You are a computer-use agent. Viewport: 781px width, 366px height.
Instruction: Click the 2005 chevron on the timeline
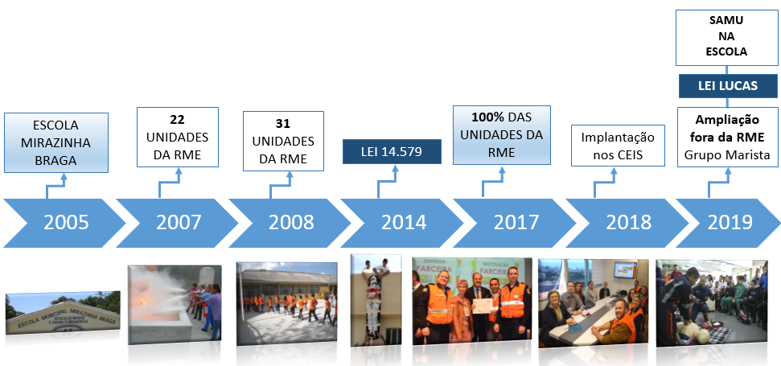65,223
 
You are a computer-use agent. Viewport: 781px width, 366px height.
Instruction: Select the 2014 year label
404,223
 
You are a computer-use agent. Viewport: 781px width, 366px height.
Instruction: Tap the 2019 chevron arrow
728,223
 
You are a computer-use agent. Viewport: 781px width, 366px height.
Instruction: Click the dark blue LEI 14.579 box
392,151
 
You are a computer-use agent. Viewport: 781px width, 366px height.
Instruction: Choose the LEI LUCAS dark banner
728,85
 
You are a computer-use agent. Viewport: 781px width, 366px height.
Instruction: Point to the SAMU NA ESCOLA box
727,37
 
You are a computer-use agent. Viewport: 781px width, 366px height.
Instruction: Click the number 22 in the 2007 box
177,120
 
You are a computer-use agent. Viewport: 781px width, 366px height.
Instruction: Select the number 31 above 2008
283,124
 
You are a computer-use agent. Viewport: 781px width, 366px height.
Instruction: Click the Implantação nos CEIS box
618,146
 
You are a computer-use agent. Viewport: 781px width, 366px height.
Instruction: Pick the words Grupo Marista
727,155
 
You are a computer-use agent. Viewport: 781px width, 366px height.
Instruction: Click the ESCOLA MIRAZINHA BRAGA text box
55,143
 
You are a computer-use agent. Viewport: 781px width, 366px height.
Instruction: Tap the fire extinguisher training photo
175,304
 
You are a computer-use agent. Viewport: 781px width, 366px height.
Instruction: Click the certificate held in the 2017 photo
482,306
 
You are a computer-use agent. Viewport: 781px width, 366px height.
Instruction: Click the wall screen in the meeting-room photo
625,270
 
